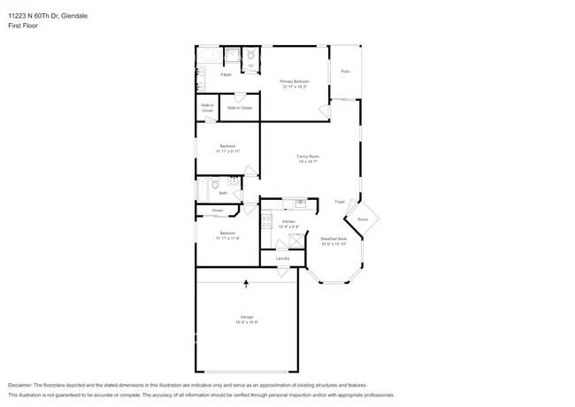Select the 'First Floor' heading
24,26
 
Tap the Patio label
345,71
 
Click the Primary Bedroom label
295,82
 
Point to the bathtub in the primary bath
209,56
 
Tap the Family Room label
307,157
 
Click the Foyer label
339,202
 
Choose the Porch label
363,219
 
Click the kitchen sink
301,203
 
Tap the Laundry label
282,258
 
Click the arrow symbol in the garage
246,283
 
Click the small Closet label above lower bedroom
217,211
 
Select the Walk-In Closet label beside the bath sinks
207,108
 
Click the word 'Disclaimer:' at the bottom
21,387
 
